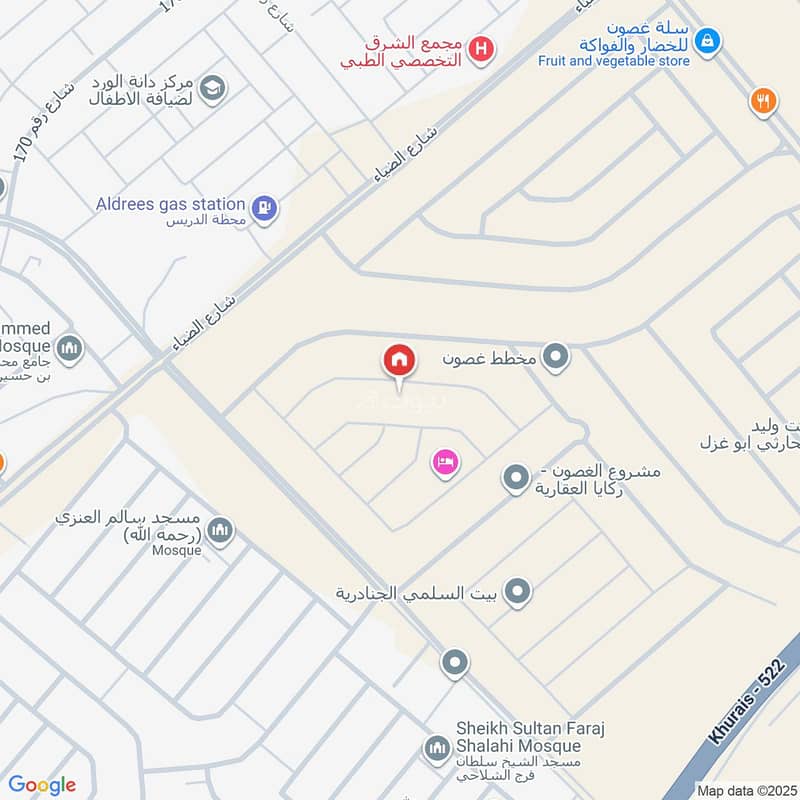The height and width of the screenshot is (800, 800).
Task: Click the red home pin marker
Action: click(x=399, y=360)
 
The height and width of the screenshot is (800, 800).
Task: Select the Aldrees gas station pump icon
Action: click(x=264, y=208)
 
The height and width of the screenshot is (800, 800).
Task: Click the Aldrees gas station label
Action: click(x=170, y=204)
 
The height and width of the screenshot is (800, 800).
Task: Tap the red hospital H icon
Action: click(x=482, y=48)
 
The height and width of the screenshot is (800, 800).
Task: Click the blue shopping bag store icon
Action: click(x=707, y=40)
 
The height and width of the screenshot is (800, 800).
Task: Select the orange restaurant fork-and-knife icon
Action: click(x=763, y=100)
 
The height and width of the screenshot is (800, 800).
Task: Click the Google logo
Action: click(x=42, y=785)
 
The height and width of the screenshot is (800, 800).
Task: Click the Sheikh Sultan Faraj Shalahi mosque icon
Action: click(x=436, y=748)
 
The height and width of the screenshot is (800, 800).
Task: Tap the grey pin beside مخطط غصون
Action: click(x=556, y=356)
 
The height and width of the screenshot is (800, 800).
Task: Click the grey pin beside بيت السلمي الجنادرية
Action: click(x=516, y=593)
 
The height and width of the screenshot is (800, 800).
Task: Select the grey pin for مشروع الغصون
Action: click(x=515, y=479)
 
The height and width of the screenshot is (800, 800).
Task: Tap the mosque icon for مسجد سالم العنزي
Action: click(x=220, y=531)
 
